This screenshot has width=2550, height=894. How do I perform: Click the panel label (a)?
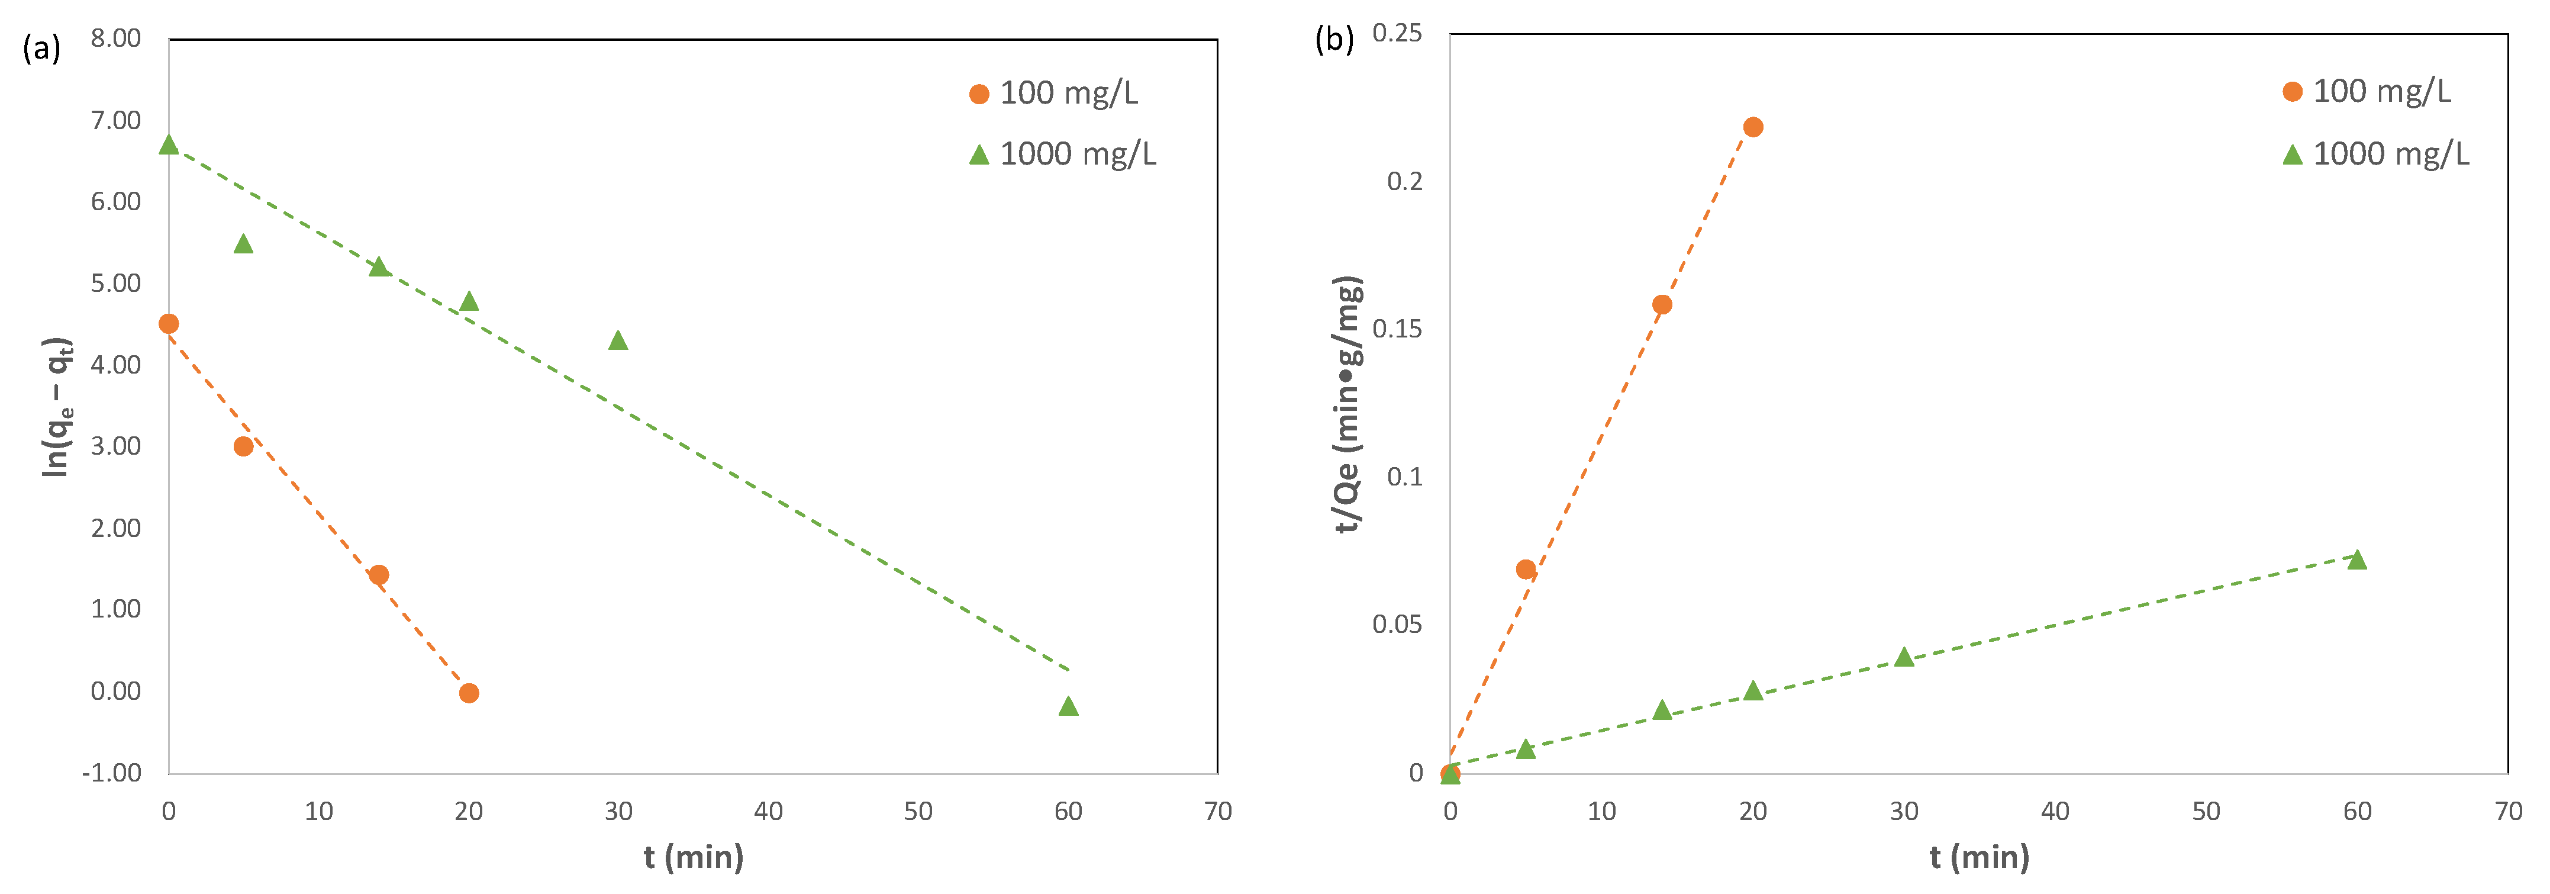coord(41,47)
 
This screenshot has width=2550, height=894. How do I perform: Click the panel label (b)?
coord(1333,40)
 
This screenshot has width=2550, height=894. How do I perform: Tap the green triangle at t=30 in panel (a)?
coord(618,340)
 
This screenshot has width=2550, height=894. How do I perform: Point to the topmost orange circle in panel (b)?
coord(1753,127)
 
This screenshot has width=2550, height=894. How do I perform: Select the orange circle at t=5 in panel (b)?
coord(1526,570)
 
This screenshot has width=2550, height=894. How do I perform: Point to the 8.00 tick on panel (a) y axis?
coord(116,38)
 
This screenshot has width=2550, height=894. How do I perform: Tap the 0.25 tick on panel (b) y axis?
coord(1397,34)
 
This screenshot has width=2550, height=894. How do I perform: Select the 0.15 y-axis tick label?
coord(1397,329)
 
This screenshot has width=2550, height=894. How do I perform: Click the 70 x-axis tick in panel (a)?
coord(1217,812)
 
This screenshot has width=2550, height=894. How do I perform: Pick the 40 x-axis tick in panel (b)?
coord(2055,812)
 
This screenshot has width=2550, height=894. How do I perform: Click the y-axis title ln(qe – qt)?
coord(56,407)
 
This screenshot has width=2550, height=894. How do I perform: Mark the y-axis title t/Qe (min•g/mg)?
coord(1348,404)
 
